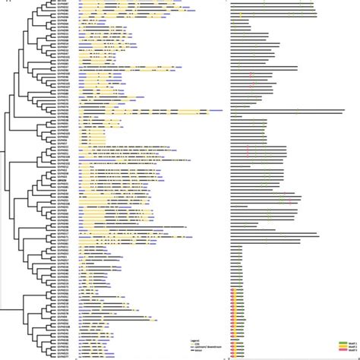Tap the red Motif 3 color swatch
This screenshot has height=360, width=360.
[343, 352]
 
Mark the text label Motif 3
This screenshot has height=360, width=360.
[352, 352]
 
